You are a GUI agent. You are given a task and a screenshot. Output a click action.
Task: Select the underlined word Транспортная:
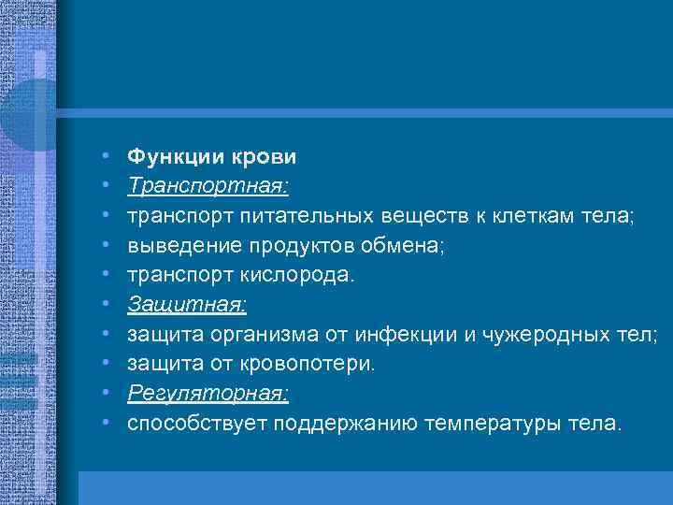click(208, 186)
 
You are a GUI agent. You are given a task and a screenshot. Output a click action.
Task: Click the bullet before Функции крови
click(108, 156)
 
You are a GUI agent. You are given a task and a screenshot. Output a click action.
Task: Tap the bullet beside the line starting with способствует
click(108, 425)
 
